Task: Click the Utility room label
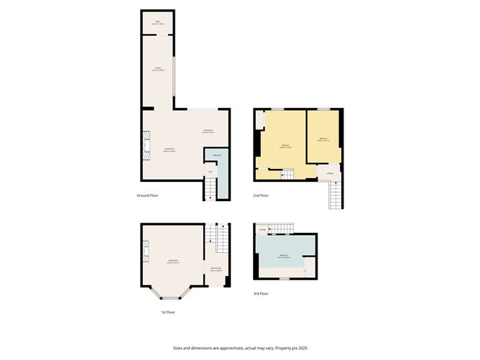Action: pos(158,23)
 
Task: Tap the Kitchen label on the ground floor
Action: pos(158,69)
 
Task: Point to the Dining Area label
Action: pos(208,131)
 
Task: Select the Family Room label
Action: pos(170,149)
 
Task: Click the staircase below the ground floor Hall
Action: pos(209,189)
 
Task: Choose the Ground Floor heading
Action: pos(147,195)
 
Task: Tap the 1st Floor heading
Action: pos(167,312)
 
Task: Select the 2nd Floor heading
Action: pos(261,195)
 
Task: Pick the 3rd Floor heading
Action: pos(261,293)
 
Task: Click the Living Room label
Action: pos(172,260)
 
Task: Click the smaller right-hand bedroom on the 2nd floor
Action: pos(323,138)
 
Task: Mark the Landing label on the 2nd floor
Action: pos(329,173)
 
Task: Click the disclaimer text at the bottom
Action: pos(239,348)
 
